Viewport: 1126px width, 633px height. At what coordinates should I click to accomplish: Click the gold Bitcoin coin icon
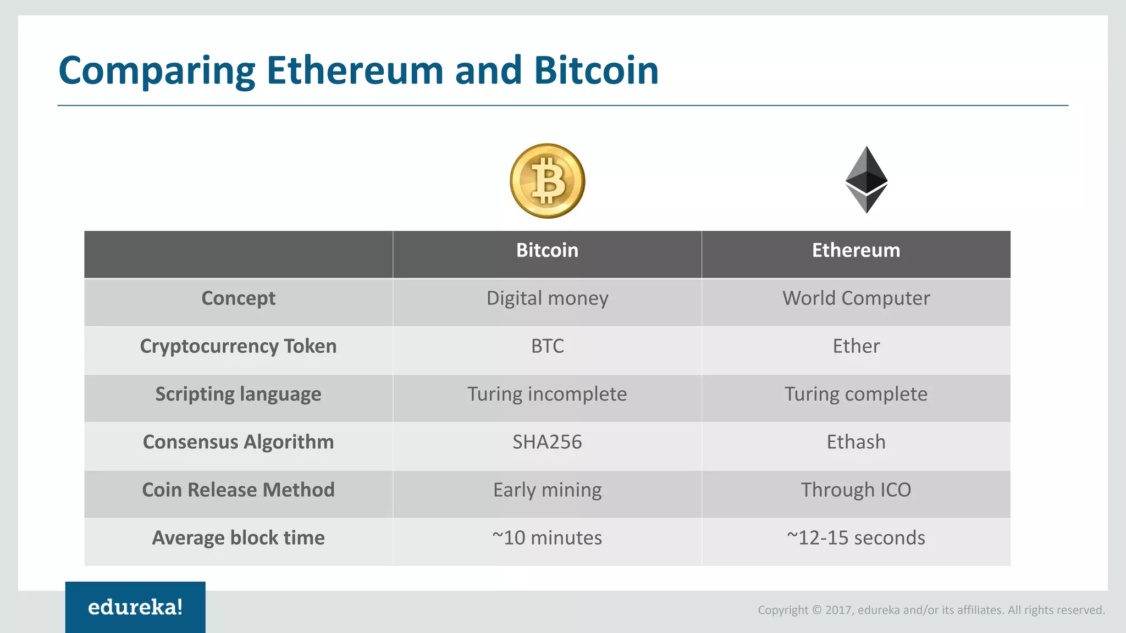point(547,181)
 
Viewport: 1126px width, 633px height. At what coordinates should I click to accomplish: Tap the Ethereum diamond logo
point(866,180)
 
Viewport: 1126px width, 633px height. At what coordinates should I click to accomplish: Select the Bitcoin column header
point(547,251)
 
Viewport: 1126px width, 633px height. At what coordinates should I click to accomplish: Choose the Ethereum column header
point(856,251)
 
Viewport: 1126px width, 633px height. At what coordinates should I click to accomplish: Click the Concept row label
point(238,298)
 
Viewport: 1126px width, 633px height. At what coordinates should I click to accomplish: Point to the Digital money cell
point(547,298)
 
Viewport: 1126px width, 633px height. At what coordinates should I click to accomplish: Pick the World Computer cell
point(856,298)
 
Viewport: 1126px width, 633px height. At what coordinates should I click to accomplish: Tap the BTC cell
point(547,346)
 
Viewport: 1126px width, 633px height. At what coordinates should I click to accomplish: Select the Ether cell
point(856,346)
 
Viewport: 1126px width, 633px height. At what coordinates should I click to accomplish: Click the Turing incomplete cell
point(547,394)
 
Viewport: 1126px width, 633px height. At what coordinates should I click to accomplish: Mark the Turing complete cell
point(856,394)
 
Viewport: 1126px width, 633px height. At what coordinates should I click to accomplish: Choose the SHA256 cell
point(547,442)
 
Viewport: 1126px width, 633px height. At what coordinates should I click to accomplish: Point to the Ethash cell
point(856,442)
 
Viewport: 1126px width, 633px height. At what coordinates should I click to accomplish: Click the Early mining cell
point(547,490)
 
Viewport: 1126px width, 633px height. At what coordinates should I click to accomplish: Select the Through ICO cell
point(856,490)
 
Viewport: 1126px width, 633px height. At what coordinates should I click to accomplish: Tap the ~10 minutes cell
point(547,537)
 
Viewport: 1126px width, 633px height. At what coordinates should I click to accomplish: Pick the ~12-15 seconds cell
point(856,537)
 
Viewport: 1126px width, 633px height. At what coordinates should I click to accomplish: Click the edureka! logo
point(135,607)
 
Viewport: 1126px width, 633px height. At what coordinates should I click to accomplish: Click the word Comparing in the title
point(157,71)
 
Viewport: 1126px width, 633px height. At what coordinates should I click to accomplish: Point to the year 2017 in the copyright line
point(838,610)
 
